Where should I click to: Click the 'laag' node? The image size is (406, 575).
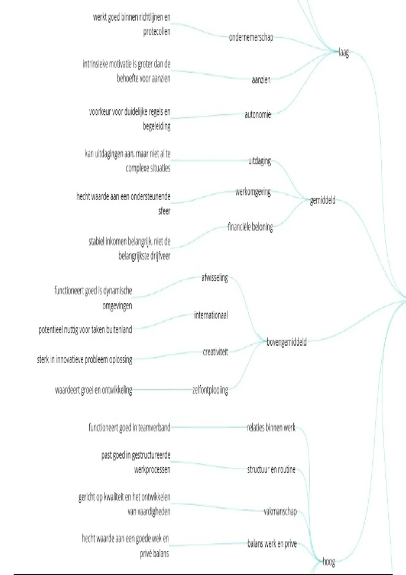(344, 53)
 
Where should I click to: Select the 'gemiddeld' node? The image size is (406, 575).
(323, 201)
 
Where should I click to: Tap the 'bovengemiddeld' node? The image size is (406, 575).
(287, 342)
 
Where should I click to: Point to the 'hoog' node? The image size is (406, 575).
(329, 562)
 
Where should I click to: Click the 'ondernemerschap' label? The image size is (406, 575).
(251, 37)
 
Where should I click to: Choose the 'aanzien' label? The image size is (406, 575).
(261, 80)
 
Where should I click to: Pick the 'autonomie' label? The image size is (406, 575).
(258, 115)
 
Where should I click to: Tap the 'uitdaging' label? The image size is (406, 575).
(260, 161)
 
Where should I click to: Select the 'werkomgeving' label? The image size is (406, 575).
(253, 192)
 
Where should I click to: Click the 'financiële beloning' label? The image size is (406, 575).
(250, 227)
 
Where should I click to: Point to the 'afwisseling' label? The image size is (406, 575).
(215, 278)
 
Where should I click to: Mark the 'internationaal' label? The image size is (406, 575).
(211, 316)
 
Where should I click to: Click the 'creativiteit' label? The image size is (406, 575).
(216, 352)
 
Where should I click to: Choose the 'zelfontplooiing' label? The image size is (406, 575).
(210, 390)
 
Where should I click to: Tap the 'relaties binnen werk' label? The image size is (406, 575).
(271, 428)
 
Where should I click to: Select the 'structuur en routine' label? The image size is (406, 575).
(271, 469)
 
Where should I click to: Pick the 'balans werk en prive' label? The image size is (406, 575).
(272, 544)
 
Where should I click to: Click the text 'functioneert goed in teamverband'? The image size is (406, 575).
(129, 428)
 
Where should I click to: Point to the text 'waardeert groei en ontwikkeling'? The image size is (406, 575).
(94, 390)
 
